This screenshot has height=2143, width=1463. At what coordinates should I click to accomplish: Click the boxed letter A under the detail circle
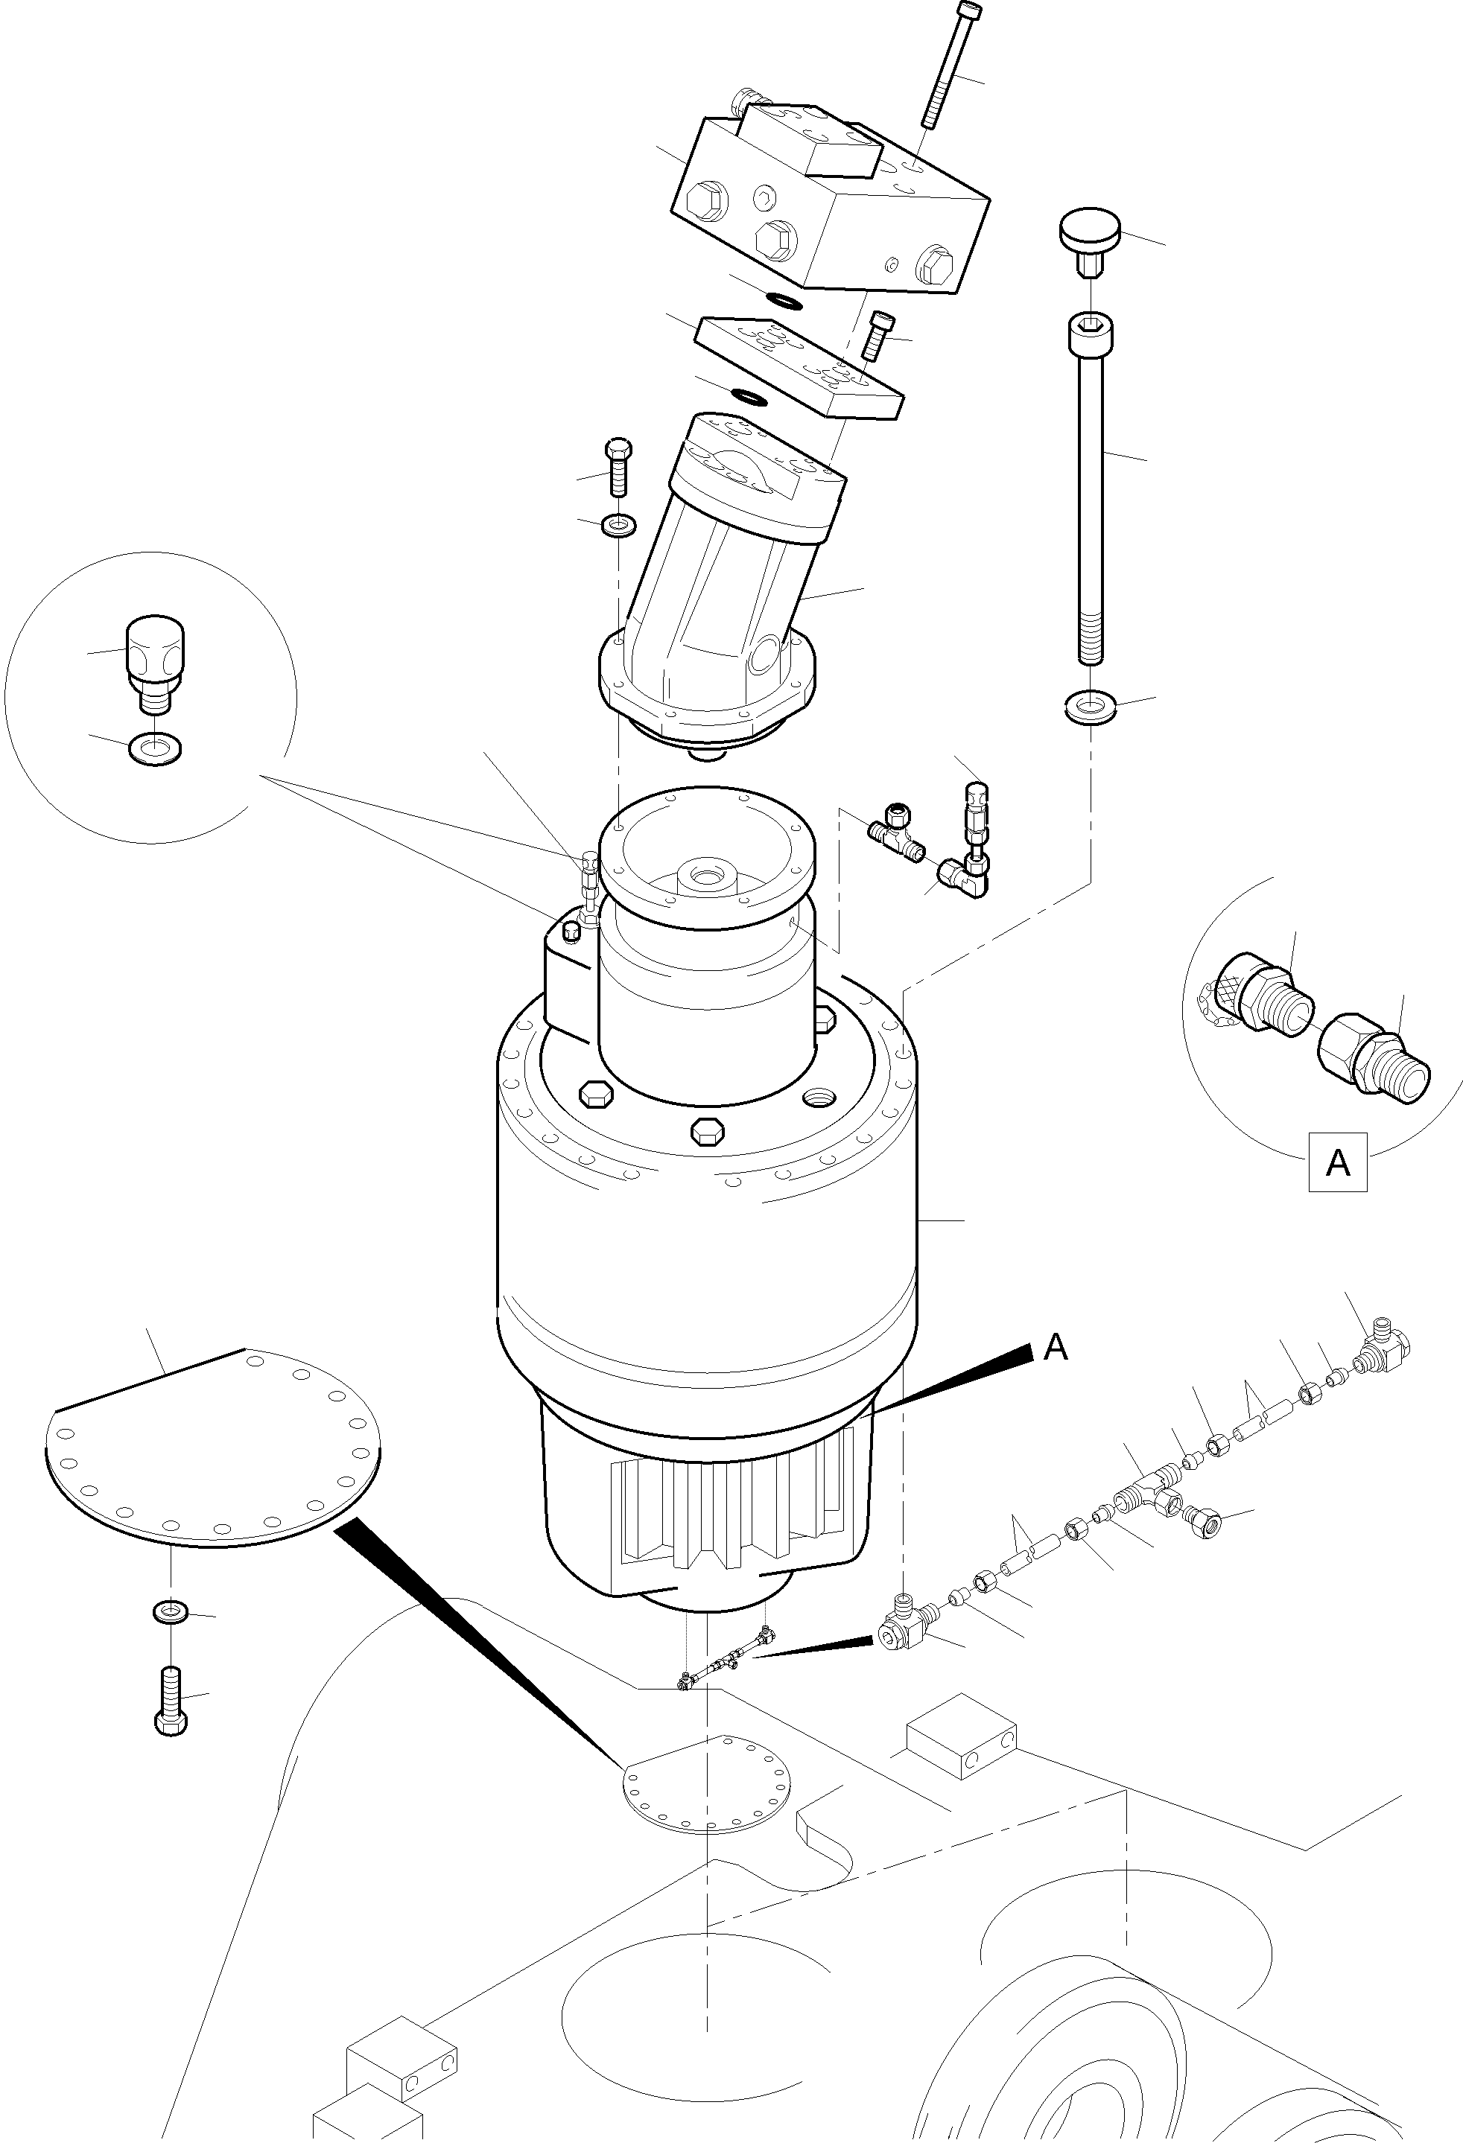[x=1336, y=1163]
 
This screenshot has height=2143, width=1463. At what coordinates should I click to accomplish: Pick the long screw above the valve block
[x=950, y=65]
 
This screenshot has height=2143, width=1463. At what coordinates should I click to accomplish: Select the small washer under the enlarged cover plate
[x=171, y=1611]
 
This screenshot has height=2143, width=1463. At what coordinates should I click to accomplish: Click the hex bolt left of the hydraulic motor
[x=618, y=468]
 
